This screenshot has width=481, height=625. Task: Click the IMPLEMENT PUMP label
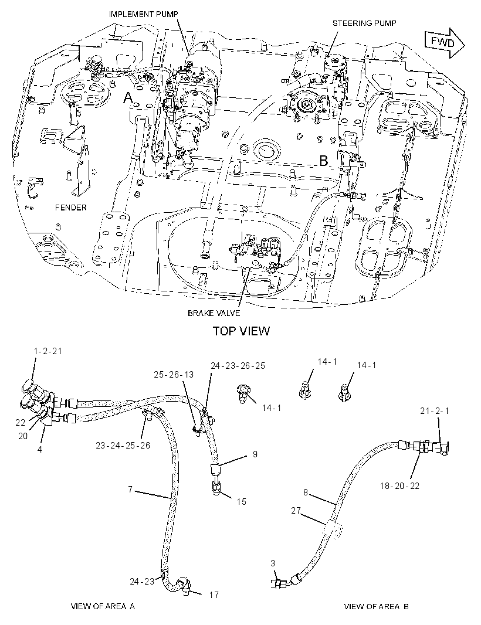[x=144, y=14]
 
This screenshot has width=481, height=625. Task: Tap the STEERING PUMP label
[x=364, y=23]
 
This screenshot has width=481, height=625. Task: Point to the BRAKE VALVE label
[x=214, y=313]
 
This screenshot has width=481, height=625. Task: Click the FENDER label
[x=70, y=208]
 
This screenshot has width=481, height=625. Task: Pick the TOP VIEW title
[x=241, y=331]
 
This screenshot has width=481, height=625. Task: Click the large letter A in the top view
[x=128, y=97]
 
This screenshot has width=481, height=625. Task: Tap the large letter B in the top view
[x=324, y=161]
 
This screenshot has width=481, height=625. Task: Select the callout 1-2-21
[x=48, y=351]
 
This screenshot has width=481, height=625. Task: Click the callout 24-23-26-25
[x=238, y=365]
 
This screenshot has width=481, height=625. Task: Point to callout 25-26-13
[x=174, y=374]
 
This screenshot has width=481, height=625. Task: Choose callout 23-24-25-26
[x=123, y=445]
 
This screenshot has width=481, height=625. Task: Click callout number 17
[x=214, y=595]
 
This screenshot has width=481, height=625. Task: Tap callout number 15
[x=242, y=501]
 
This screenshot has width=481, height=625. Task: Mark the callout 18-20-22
[x=399, y=486]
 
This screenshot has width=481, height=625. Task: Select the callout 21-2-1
[x=434, y=411]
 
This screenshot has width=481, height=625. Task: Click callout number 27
[x=296, y=511]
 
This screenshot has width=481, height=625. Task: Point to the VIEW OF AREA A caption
[x=103, y=606]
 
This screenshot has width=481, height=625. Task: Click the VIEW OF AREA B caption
[x=377, y=606]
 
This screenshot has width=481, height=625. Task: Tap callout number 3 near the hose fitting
[x=273, y=563]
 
